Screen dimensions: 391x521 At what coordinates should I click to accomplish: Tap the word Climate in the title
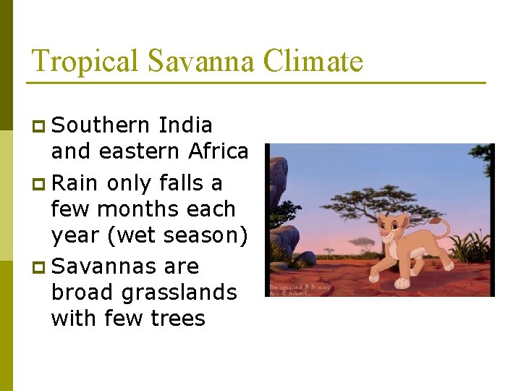[x=313, y=62]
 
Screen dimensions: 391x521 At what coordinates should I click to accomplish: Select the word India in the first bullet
[x=185, y=125]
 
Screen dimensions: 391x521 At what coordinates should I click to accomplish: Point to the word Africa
[x=218, y=151]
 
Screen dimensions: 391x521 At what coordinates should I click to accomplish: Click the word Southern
[x=101, y=125]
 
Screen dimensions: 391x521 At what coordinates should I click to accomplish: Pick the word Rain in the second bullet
[x=76, y=183]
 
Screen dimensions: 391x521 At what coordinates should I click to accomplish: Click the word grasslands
[x=180, y=293]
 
